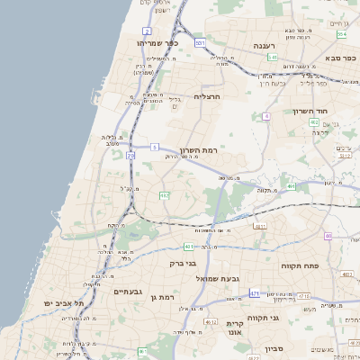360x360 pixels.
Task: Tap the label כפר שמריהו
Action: click(x=159, y=42)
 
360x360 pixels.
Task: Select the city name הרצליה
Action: click(x=207, y=95)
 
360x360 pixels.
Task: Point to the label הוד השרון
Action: click(x=315, y=112)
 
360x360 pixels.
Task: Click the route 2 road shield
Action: click(x=146, y=31)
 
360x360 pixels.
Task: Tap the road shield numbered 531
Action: click(x=199, y=42)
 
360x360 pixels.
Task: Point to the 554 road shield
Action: click(x=342, y=34)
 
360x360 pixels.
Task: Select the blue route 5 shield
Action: click(x=154, y=146)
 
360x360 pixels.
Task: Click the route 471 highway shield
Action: click(x=255, y=293)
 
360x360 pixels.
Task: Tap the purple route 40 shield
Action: click(x=328, y=236)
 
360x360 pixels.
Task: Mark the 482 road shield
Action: click(x=165, y=194)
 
